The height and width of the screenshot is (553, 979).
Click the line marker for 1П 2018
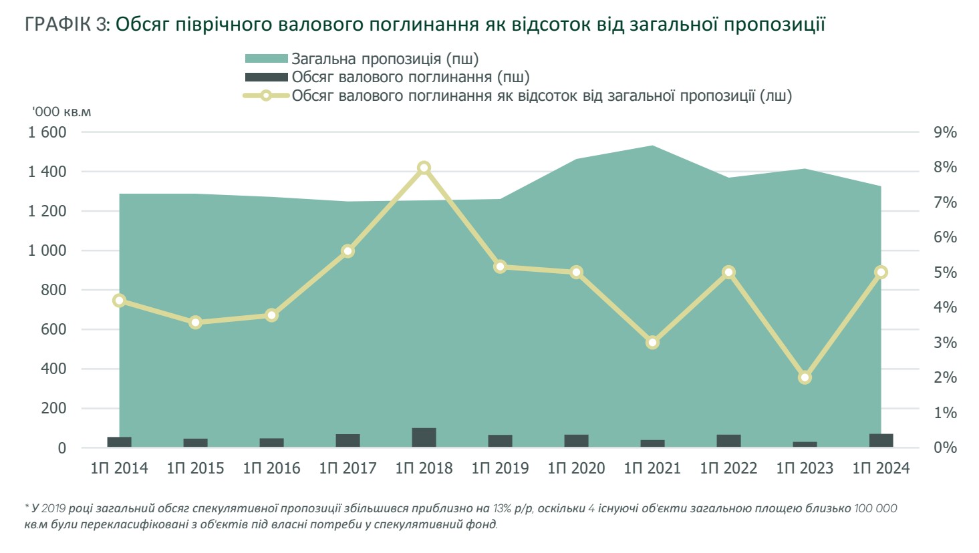424,168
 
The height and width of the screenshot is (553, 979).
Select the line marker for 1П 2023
805,377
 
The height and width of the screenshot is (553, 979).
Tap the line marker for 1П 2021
653,343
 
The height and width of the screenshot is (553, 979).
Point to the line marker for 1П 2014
120,301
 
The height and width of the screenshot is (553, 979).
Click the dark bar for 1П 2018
424,437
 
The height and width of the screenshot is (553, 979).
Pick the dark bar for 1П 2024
881,441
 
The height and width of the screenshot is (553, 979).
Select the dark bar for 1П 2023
805,444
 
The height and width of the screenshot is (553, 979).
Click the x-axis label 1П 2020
576,468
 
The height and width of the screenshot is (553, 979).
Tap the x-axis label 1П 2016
271,468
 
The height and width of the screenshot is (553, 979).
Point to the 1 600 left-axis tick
47,132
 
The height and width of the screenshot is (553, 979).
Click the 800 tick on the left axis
53,290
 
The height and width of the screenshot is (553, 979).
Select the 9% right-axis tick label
945,132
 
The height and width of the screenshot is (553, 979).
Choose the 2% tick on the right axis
945,378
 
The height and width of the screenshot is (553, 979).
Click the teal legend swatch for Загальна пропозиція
266,59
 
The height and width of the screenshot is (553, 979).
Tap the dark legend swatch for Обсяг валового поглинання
266,77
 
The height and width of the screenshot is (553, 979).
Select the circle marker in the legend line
266,96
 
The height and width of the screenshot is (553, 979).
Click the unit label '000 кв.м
61,112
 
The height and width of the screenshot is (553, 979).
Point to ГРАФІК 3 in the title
67,25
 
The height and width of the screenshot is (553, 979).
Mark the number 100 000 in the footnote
875,509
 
